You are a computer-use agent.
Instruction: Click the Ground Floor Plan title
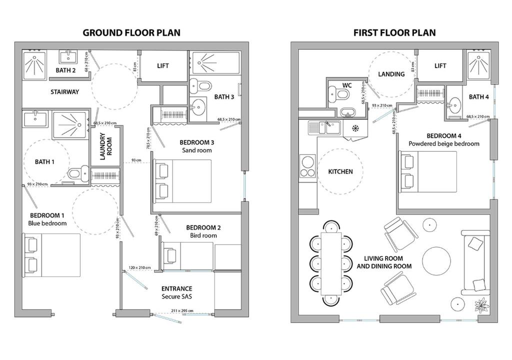pyautogui.click(x=131, y=32)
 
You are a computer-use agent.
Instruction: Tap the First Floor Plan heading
pyautogui.click(x=394, y=32)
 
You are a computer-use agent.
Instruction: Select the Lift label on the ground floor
pyautogui.click(x=162, y=65)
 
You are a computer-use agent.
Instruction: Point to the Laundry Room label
pyautogui.click(x=106, y=146)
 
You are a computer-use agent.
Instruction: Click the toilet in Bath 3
pyautogui.click(x=200, y=86)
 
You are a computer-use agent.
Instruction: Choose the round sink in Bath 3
pyautogui.click(x=198, y=106)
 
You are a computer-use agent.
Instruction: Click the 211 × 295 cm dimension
pyautogui.click(x=182, y=310)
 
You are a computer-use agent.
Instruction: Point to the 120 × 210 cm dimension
pyautogui.click(x=139, y=267)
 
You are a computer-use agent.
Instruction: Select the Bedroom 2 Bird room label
pyautogui.click(x=203, y=231)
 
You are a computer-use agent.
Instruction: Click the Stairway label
pyautogui.click(x=64, y=92)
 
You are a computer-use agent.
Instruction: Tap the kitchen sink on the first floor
pyautogui.click(x=324, y=127)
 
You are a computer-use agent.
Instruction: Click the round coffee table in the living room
pyautogui.click(x=436, y=260)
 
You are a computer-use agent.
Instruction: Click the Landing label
pyautogui.click(x=391, y=74)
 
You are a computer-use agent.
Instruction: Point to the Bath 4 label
pyautogui.click(x=478, y=96)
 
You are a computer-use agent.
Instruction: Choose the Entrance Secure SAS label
pyautogui.click(x=176, y=292)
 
